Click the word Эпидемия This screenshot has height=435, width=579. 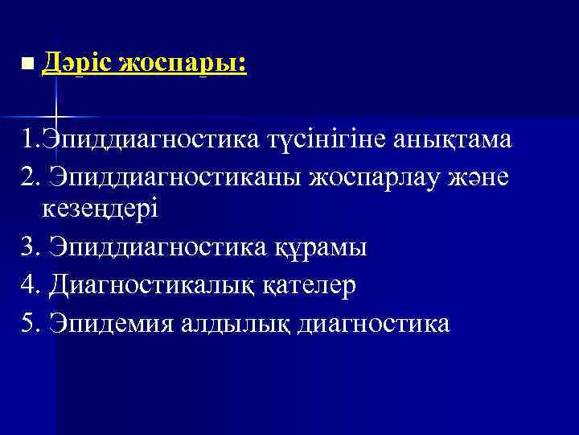pyautogui.click(x=105, y=322)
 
